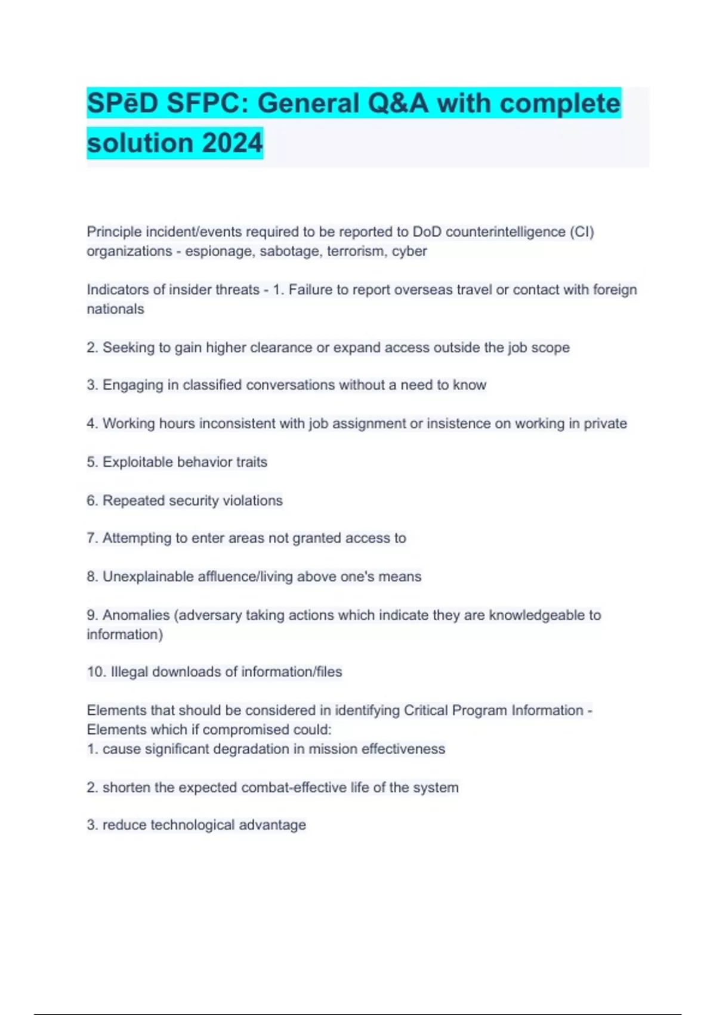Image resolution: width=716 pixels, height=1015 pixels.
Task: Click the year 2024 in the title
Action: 232,143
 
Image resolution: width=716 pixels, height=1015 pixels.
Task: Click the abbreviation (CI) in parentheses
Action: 582,232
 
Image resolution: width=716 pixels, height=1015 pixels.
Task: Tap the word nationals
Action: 115,309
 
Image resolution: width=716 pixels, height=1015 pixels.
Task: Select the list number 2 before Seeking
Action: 92,347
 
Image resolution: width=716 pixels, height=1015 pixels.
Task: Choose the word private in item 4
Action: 605,423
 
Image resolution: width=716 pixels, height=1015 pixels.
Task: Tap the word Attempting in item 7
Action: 137,538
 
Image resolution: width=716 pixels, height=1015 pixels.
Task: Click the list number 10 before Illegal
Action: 96,672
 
